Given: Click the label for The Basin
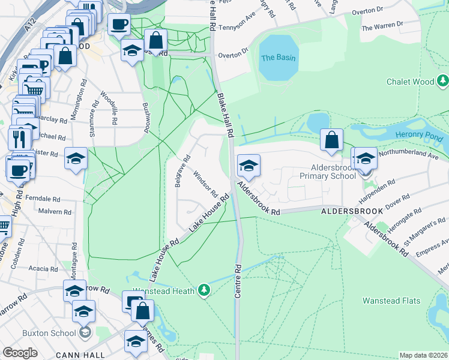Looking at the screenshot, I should [276, 58].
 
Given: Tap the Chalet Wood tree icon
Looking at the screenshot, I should [443, 80].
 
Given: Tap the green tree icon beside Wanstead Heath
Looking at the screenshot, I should [205, 290].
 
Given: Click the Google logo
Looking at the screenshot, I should [20, 353].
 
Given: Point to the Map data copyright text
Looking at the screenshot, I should [424, 355].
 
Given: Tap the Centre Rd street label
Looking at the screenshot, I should [238, 280].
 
